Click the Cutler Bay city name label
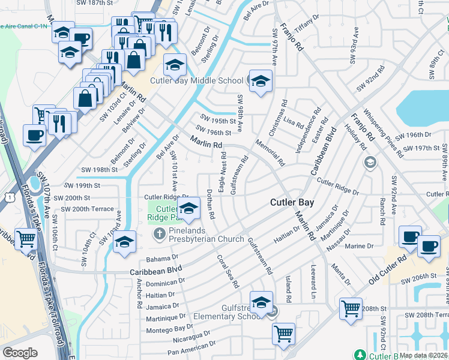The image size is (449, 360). tap(292, 203)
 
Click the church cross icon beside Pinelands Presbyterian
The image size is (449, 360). tap(160, 233)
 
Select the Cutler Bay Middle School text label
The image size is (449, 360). tap(197, 80)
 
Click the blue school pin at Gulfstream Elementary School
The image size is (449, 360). tap(261, 302)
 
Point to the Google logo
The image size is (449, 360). tap(20, 353)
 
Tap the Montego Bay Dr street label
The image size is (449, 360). tap(170, 329)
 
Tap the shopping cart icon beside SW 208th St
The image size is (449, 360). tap(351, 308)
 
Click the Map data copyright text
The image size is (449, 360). tap(423, 355)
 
